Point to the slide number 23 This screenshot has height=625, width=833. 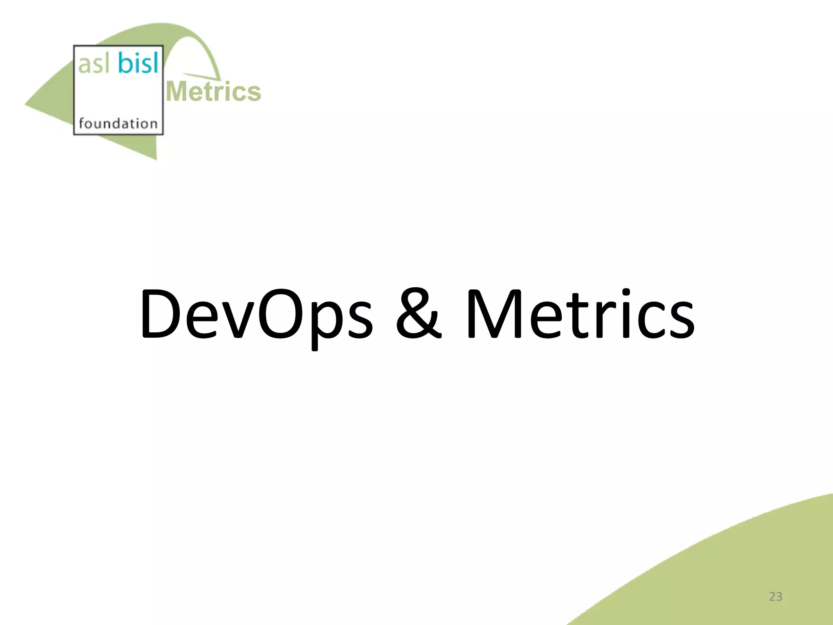click(x=776, y=597)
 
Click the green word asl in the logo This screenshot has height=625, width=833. click(x=93, y=64)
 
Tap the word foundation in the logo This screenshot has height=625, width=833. click(x=118, y=123)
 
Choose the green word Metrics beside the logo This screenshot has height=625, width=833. click(x=214, y=92)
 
